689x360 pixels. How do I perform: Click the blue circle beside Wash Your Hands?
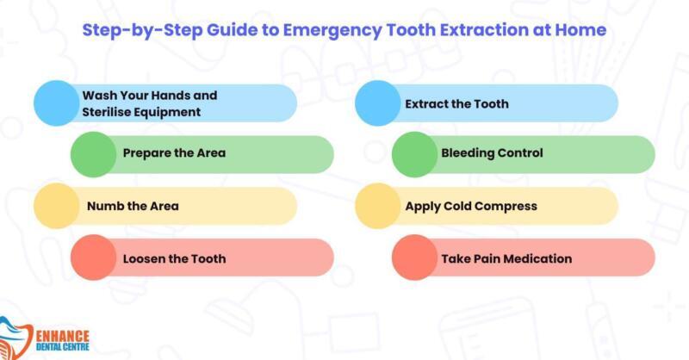click(57, 103)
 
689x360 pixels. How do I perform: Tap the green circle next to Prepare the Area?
click(94, 154)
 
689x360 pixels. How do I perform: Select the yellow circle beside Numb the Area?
click(57, 206)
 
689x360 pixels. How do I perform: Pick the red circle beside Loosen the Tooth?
click(94, 258)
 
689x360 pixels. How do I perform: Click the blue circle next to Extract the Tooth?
click(378, 103)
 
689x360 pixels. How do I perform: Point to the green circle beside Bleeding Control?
click(415, 154)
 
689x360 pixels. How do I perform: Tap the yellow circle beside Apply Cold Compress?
click(378, 206)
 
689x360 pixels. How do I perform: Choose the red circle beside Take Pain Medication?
click(415, 258)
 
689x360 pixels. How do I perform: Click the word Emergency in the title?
click(332, 31)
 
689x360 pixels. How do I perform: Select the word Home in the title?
click(580, 30)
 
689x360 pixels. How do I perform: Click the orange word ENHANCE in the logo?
click(62, 336)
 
